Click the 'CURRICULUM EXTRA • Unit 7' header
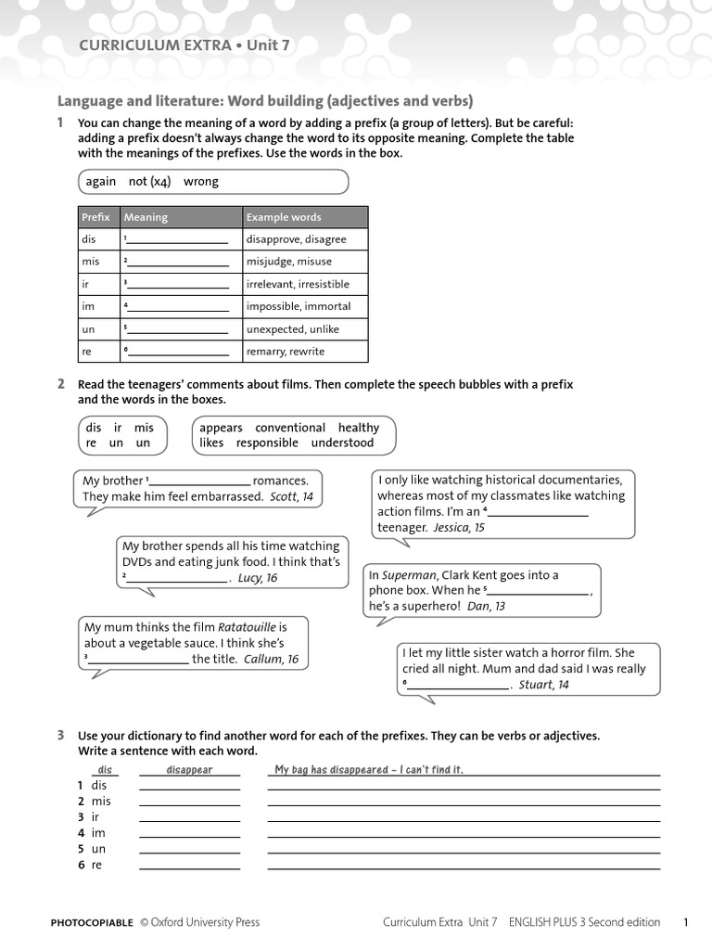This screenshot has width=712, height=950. tap(184, 45)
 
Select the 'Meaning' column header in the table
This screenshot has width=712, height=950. tap(146, 217)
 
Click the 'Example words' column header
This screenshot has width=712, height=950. tap(284, 217)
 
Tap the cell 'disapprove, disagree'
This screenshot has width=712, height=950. tap(296, 239)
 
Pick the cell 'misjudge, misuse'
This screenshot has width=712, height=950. tap(288, 262)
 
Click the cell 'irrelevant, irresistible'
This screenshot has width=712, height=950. tap(298, 284)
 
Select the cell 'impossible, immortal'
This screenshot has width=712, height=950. tap(299, 306)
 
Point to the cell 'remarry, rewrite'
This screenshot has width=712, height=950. tap(286, 352)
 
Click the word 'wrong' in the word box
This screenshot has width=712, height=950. tap(201, 182)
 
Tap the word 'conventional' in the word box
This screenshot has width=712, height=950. tap(290, 428)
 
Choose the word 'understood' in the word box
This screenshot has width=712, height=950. tap(342, 443)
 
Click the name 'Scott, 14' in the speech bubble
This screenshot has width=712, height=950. tap(291, 496)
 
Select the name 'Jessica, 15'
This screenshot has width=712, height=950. tap(459, 527)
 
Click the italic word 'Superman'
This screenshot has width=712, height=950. tap(408, 575)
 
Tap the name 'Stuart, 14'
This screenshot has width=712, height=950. tap(543, 685)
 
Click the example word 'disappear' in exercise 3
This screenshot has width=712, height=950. tap(189, 770)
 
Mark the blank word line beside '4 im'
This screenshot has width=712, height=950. tap(189, 837)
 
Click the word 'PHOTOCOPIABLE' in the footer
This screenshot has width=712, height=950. tap(92, 922)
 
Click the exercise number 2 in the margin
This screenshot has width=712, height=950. tap(60, 383)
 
